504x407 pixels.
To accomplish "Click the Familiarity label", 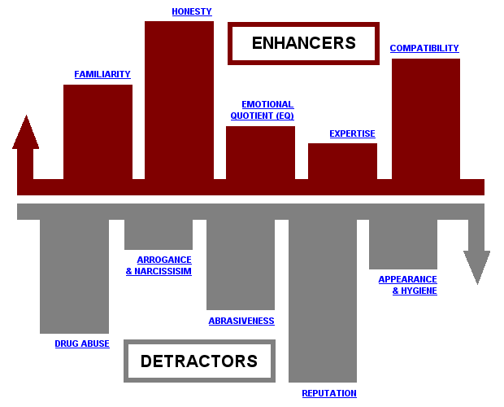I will pyautogui.click(x=102, y=74).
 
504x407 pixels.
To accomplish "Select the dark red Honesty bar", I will pyautogui.click(x=179, y=98).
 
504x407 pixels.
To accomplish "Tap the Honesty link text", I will pyautogui.click(x=192, y=11).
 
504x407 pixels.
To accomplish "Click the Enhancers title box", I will pyautogui.click(x=303, y=43).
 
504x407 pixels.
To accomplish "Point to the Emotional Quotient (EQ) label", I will pyautogui.click(x=267, y=110).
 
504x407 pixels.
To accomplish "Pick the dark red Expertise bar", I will pyautogui.click(x=342, y=160).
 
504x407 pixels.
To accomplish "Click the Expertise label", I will pyautogui.click(x=352, y=133).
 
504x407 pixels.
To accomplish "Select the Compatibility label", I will pyautogui.click(x=424, y=48).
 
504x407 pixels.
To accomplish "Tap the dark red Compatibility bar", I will pyautogui.click(x=425, y=118).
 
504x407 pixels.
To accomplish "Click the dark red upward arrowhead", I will pyautogui.click(x=25, y=133).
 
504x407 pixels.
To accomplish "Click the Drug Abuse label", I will pyautogui.click(x=82, y=344).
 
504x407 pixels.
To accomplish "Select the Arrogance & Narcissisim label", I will pyautogui.click(x=159, y=265).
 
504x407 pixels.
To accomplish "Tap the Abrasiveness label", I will pyautogui.click(x=241, y=321).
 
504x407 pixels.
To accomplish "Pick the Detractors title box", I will pyautogui.click(x=199, y=361).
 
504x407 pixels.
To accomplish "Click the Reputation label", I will pyautogui.click(x=329, y=393).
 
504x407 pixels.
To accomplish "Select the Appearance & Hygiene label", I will pyautogui.click(x=407, y=285).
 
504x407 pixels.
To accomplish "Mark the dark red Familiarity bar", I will pyautogui.click(x=98, y=130).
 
